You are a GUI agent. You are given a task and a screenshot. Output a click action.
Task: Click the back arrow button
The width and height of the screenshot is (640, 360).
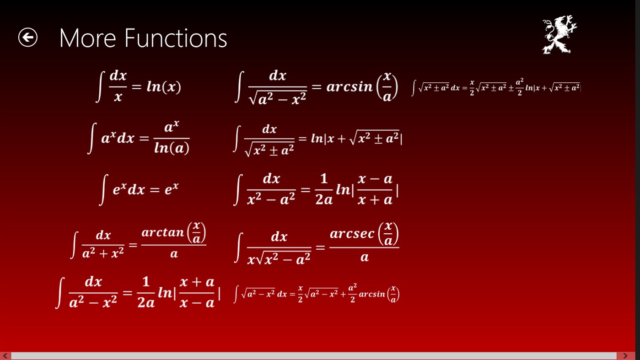(x=27, y=38)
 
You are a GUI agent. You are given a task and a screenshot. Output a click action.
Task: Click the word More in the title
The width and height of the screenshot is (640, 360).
(x=87, y=38)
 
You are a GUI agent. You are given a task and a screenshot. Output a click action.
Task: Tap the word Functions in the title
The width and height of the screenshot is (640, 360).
(x=176, y=38)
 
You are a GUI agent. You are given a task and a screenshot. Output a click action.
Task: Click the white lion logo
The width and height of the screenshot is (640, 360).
(x=559, y=35)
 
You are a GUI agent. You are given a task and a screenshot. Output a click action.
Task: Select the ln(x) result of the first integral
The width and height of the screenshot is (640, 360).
(x=164, y=86)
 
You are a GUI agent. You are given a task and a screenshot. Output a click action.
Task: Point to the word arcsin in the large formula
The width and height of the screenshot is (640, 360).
(x=350, y=87)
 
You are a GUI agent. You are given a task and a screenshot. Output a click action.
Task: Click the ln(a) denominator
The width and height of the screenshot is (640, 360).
(x=172, y=148)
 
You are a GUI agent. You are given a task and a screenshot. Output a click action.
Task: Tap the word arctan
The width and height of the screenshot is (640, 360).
(x=162, y=232)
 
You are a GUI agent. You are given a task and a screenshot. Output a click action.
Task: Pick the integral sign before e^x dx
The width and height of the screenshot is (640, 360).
(x=104, y=190)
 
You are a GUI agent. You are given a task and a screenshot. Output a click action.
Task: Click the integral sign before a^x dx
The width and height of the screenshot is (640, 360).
(x=92, y=139)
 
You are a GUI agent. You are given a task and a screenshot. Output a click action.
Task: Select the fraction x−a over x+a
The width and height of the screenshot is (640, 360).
(x=375, y=189)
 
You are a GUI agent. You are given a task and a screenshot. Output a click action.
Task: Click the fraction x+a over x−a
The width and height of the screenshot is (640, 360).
(x=197, y=292)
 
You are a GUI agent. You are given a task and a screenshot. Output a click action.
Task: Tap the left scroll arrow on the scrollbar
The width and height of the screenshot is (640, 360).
(x=5, y=356)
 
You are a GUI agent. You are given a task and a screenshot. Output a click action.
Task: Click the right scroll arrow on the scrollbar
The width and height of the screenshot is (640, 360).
(x=625, y=356)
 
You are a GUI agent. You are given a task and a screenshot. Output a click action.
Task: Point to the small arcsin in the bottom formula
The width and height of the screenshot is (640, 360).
(x=372, y=294)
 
